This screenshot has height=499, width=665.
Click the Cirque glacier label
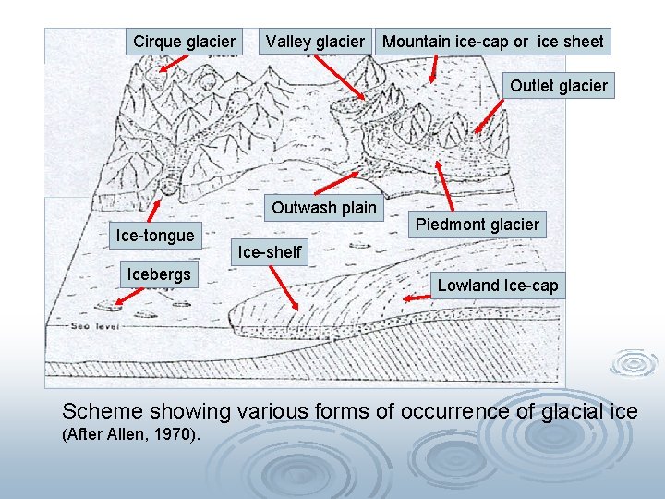(184, 42)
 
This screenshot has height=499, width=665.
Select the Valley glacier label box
(315, 42)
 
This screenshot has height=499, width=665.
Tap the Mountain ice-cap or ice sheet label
(493, 42)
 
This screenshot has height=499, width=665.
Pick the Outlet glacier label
(558, 86)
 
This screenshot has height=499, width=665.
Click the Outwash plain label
(324, 207)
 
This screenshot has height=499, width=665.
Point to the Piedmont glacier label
(477, 225)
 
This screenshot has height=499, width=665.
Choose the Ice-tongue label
(154, 236)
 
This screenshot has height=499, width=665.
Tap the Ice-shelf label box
(270, 251)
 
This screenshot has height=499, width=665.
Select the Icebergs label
(159, 274)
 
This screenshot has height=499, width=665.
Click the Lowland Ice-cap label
(498, 286)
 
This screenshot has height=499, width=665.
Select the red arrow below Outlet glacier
(490, 116)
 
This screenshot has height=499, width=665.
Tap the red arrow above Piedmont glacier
(444, 186)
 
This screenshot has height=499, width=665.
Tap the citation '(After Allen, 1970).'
(129, 434)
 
